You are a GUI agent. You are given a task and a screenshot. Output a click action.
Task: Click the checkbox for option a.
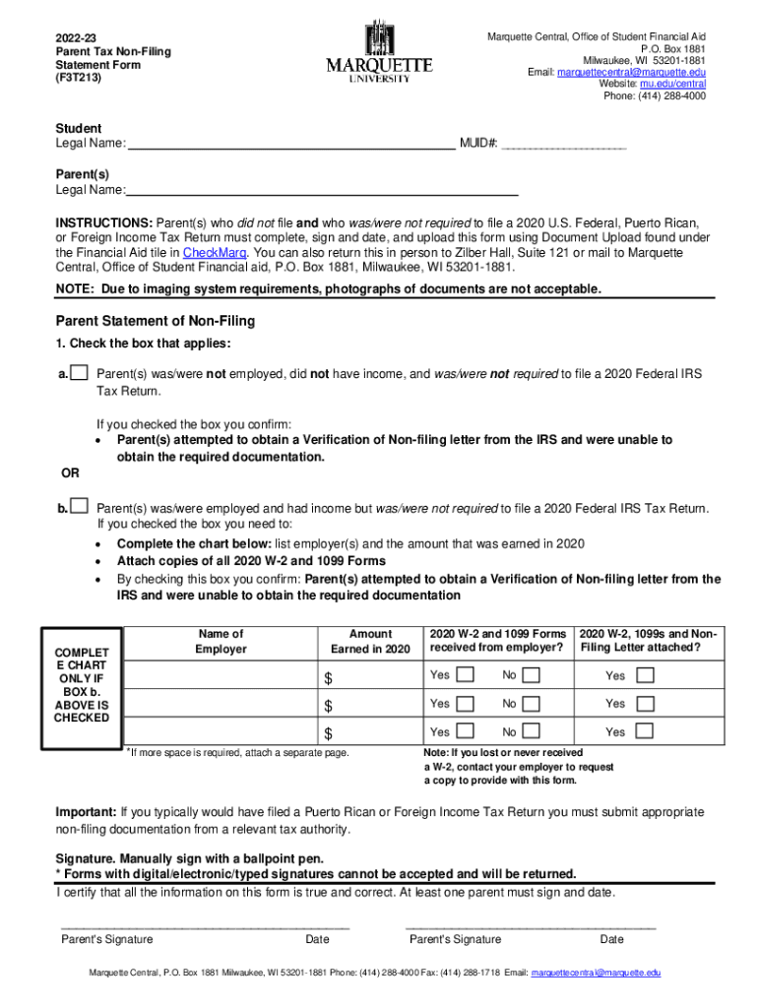tap(80, 373)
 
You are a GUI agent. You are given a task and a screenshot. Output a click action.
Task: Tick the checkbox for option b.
tap(80, 506)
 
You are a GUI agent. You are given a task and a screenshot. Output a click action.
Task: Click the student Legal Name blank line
tap(291, 143)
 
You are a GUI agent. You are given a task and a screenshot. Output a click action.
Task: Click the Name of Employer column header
tap(221, 642)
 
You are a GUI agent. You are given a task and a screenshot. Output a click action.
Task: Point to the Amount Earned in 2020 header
tap(369, 642)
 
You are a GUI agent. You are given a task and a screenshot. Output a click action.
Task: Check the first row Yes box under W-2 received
tap(466, 675)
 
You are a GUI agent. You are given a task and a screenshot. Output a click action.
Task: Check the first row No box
tap(531, 675)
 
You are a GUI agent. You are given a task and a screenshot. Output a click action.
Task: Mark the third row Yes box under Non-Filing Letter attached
tap(645, 732)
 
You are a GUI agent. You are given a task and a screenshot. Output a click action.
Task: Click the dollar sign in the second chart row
tap(330, 706)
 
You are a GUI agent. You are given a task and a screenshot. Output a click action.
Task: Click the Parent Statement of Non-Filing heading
tap(155, 321)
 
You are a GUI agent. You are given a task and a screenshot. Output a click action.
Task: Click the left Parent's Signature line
tap(205, 925)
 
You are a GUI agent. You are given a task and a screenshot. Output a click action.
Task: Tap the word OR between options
tap(71, 473)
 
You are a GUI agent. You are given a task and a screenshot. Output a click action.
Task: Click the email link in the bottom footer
tap(596, 973)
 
